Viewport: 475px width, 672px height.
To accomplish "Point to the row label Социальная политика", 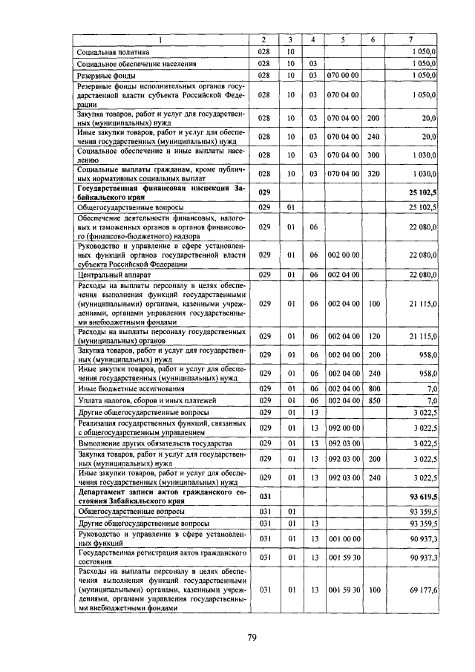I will click(114, 52).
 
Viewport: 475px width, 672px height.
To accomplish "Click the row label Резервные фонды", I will click(105, 76).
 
